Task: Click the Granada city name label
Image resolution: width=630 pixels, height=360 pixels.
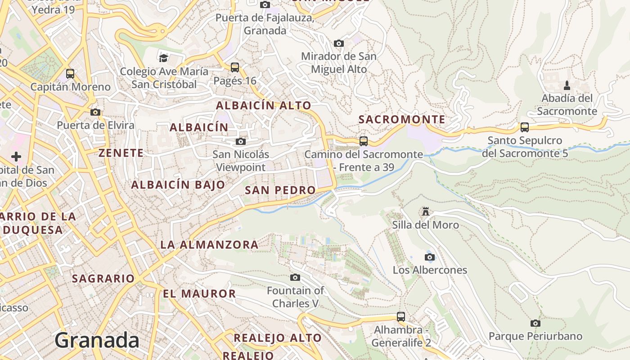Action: (x=97, y=340)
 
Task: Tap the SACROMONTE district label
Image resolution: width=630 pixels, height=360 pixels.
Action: (x=401, y=120)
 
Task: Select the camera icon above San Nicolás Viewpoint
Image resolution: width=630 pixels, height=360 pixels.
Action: (x=241, y=142)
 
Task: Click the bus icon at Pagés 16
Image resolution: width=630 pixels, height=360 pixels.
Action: (x=234, y=67)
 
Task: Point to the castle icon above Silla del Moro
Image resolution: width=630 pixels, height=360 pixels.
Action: (x=425, y=211)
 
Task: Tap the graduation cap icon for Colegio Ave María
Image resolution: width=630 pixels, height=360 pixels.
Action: (x=163, y=58)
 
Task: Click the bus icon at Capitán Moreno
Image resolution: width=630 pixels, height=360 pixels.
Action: (x=70, y=73)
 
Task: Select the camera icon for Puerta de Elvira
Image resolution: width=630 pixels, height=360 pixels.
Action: (x=95, y=112)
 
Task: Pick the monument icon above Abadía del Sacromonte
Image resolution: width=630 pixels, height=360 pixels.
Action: (x=567, y=85)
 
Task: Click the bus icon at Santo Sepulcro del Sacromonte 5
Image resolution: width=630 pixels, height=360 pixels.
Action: (x=524, y=127)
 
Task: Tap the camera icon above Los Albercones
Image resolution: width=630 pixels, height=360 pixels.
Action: (x=429, y=257)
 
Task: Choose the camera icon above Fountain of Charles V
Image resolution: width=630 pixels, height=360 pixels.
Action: (x=295, y=277)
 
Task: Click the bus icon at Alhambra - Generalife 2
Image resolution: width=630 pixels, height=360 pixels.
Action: (x=400, y=317)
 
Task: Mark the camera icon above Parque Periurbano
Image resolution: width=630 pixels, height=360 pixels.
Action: (x=535, y=323)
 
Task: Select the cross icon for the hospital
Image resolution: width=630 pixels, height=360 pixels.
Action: (x=16, y=157)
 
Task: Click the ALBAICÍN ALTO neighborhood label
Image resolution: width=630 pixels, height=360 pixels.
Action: (x=263, y=106)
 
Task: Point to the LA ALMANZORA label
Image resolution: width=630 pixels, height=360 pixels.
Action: (x=209, y=245)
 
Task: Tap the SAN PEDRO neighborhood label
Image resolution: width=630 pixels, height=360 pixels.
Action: (x=280, y=190)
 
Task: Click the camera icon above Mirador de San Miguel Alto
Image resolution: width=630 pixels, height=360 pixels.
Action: (x=338, y=43)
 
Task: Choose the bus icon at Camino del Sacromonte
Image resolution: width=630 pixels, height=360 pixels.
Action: (x=363, y=141)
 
